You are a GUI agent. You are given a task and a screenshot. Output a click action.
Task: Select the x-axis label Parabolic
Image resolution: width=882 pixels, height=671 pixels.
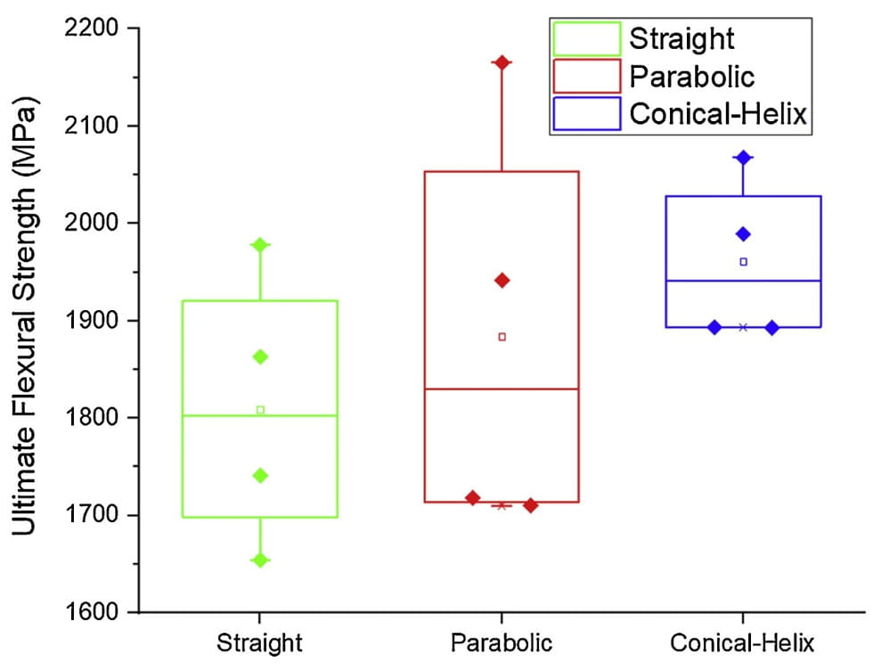click(x=502, y=643)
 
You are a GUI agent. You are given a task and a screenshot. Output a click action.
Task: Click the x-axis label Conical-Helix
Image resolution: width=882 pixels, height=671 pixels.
click(x=742, y=643)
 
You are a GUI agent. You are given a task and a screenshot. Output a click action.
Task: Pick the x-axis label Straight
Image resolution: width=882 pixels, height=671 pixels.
click(x=259, y=643)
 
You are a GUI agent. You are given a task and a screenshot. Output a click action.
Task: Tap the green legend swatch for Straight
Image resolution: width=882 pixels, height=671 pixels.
click(x=586, y=39)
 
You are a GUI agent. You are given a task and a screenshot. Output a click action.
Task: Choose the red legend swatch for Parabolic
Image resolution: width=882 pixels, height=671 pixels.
click(x=586, y=76)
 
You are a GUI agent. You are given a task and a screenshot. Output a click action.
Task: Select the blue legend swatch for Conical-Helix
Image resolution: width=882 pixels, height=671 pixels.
click(x=586, y=114)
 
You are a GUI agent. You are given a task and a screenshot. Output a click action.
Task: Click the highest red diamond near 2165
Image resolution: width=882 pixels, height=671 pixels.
click(x=502, y=62)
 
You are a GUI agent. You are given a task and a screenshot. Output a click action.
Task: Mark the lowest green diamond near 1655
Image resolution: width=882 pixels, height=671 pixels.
click(x=260, y=561)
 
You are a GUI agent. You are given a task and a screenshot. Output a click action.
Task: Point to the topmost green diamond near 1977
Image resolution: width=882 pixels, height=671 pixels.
click(x=260, y=245)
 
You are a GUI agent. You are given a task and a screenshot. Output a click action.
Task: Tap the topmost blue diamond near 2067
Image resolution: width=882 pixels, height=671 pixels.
click(x=743, y=158)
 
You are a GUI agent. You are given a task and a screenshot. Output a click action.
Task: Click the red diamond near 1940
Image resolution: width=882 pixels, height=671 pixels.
click(x=502, y=281)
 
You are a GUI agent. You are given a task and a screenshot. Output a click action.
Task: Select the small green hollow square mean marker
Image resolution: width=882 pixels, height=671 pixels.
click(x=260, y=410)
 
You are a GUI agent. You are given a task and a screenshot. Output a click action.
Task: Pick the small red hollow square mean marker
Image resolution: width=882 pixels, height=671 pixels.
click(x=502, y=337)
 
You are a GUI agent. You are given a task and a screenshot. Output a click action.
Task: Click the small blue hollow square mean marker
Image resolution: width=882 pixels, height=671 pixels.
click(x=744, y=262)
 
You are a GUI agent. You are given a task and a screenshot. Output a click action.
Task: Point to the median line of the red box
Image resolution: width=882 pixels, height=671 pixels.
click(x=502, y=389)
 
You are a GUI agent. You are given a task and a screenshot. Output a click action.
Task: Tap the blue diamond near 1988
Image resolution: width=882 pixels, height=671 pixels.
click(x=743, y=234)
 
